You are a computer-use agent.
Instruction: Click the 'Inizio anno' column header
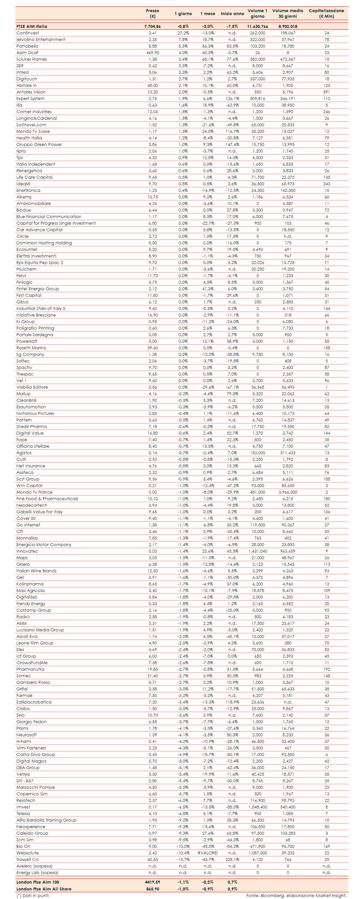click(232, 13)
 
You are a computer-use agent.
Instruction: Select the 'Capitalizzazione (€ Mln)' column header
click(326, 13)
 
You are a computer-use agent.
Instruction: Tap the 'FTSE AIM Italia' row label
click(32, 26)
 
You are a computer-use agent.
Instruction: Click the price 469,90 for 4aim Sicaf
click(153, 53)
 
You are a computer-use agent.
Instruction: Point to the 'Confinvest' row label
click(28, 33)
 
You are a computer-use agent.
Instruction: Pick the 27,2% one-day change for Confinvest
click(183, 33)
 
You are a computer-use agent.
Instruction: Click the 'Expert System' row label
click(31, 98)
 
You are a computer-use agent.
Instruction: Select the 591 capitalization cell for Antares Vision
click(327, 92)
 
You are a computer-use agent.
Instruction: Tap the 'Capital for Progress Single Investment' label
click(56, 223)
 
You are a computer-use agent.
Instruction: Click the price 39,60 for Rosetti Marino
click(153, 348)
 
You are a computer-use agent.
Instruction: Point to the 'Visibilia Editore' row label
click(32, 387)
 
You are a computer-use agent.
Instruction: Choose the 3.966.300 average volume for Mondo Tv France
click(288, 492)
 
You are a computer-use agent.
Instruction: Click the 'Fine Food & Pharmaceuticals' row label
click(47, 499)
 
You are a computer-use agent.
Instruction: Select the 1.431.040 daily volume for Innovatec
click(258, 551)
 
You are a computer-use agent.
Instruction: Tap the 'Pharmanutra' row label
click(31, 669)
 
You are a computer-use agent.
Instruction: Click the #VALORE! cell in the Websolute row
click(208, 853)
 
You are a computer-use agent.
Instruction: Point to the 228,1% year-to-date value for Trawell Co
click(232, 860)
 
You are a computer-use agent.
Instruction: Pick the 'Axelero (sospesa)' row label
click(34, 866)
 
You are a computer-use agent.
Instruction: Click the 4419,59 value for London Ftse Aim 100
click(153, 882)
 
